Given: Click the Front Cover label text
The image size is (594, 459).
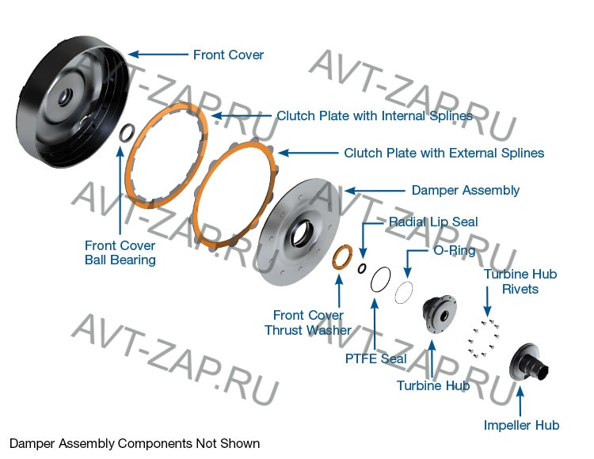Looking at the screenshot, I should click(x=228, y=55).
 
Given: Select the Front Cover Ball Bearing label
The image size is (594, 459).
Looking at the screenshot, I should click(x=120, y=252).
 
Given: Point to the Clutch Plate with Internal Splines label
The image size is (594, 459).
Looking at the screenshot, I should click(x=374, y=116).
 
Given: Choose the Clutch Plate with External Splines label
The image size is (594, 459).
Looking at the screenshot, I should click(x=444, y=153).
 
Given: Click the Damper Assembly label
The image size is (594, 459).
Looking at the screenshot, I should click(x=465, y=190).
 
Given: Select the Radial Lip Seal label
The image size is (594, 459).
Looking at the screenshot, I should click(x=432, y=222).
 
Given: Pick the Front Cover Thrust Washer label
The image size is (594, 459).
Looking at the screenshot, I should click(x=308, y=322).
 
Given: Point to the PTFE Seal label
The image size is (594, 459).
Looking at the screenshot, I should click(x=375, y=358).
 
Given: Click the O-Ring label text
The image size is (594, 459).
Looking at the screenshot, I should click(x=454, y=251).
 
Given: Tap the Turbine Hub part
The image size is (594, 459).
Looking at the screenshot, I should click(x=438, y=312).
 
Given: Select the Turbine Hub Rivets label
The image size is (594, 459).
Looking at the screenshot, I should click(x=520, y=281).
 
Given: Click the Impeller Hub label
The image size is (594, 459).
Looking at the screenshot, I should click(x=521, y=425).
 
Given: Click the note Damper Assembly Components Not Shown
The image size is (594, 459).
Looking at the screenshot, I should click(x=134, y=443).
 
